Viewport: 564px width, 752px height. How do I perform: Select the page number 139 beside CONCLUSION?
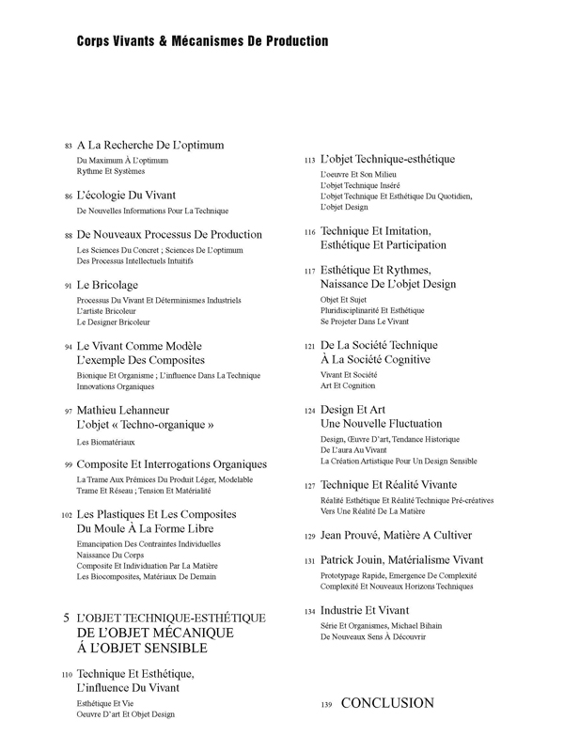[x=327, y=705]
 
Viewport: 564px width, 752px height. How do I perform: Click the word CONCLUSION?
[x=387, y=703]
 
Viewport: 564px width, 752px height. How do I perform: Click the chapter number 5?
[x=65, y=618]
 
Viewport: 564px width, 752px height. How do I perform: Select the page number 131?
[x=309, y=561]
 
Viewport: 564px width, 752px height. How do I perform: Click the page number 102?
[x=66, y=516]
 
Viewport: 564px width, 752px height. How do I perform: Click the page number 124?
[x=309, y=412]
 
